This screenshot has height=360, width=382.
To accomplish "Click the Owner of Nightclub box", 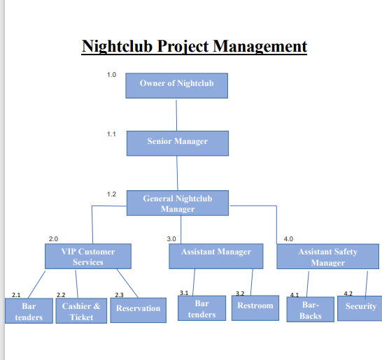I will click(177, 85).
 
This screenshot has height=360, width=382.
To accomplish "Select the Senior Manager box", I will click(177, 142).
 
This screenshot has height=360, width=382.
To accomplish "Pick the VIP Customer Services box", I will click(87, 257).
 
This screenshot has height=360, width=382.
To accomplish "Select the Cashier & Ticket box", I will click(81, 311).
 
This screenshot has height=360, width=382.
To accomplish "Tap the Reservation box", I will click(138, 309).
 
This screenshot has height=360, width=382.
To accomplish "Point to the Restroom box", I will click(255, 308).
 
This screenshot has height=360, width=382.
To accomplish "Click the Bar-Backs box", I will click(311, 310).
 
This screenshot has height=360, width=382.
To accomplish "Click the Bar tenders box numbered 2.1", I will click(28, 311).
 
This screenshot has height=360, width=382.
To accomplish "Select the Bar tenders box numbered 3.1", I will click(201, 308).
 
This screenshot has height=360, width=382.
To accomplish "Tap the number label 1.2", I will click(111, 194).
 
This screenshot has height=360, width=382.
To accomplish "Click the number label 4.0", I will click(288, 240).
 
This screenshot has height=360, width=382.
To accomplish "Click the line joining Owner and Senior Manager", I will click(176, 114).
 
